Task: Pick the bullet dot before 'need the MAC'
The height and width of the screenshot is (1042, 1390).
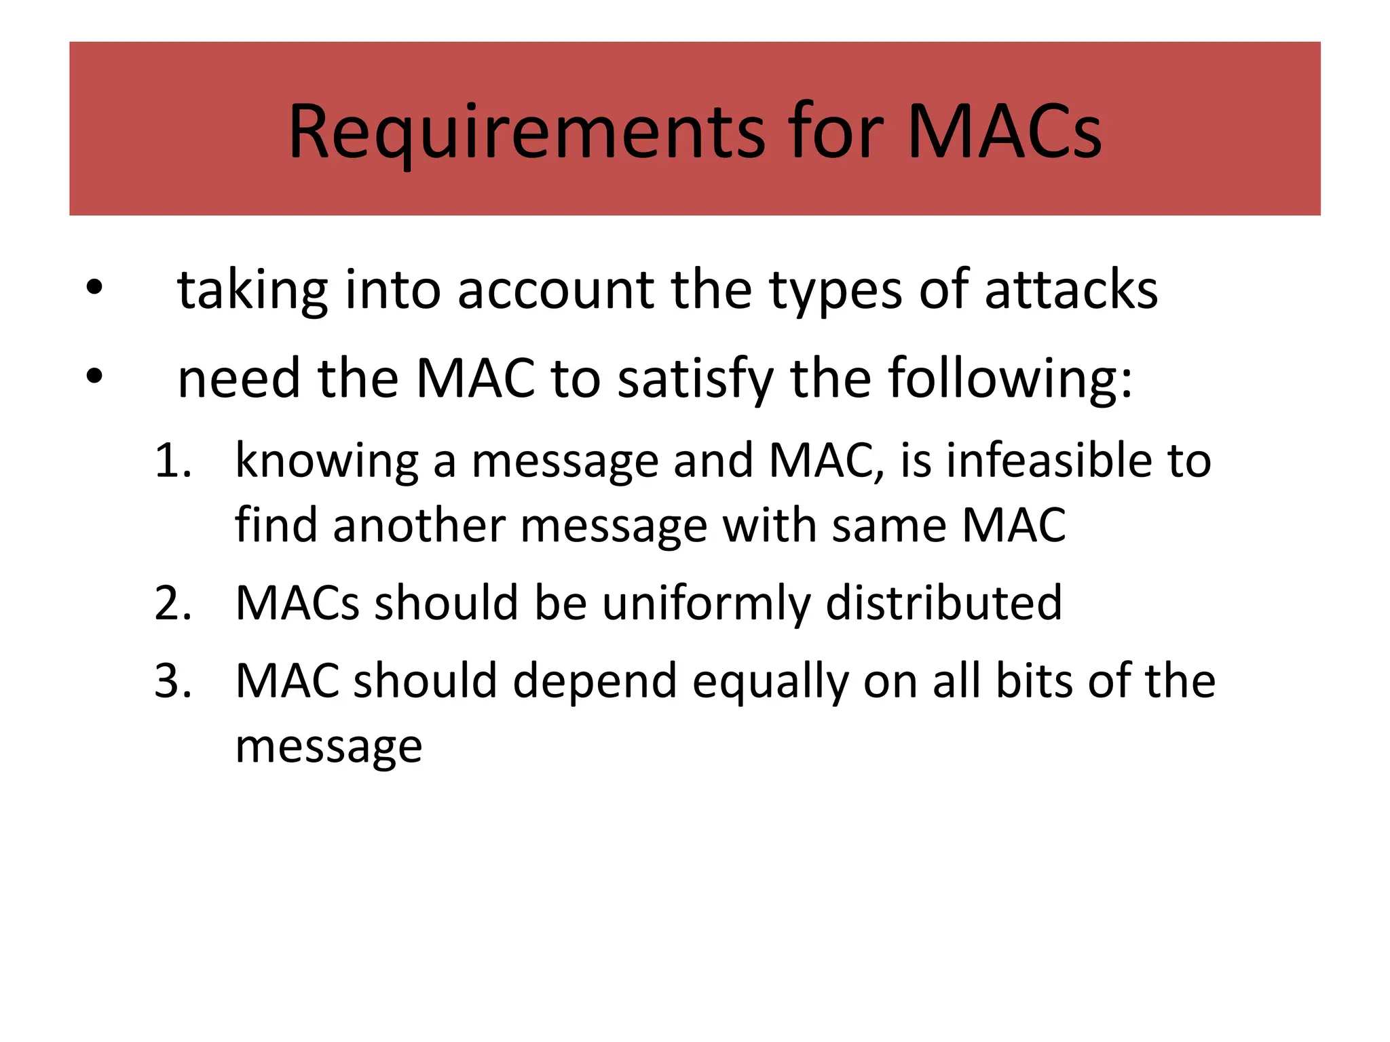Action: (94, 378)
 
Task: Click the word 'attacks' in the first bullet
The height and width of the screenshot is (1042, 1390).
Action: (1070, 290)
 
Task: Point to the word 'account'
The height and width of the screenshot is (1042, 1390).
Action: (555, 290)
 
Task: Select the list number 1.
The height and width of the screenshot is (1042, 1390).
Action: (172, 461)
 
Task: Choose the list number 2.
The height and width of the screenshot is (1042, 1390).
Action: (172, 602)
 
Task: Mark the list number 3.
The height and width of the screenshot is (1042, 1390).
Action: (172, 680)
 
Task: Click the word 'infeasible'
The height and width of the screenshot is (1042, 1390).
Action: (1048, 461)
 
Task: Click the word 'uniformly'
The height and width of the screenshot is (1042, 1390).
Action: (705, 602)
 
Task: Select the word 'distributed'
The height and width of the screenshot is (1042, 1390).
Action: (943, 602)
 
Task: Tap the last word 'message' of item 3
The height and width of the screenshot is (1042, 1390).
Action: (328, 746)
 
